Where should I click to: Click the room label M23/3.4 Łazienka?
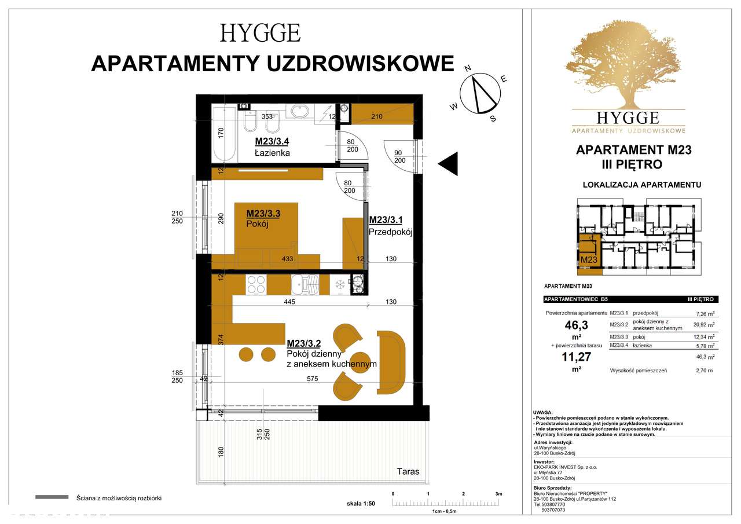(x=273, y=147)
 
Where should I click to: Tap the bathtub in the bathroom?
(x=224, y=134)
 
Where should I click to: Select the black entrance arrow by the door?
(x=449, y=164)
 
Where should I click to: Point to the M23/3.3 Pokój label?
(x=263, y=219)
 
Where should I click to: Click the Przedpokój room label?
(x=390, y=226)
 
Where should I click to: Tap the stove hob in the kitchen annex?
(x=256, y=284)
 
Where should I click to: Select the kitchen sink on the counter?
(x=305, y=284)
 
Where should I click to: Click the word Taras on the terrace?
(x=408, y=471)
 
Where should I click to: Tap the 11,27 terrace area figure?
(x=576, y=356)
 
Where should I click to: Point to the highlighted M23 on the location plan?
(x=589, y=259)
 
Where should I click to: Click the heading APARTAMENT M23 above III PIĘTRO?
(x=634, y=150)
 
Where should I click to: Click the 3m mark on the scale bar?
(x=498, y=493)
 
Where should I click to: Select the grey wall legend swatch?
(x=52, y=497)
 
